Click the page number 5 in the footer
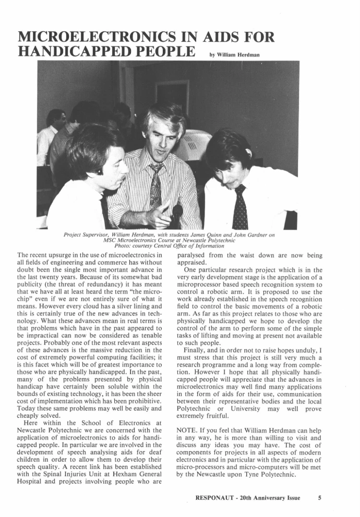[319, 498]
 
